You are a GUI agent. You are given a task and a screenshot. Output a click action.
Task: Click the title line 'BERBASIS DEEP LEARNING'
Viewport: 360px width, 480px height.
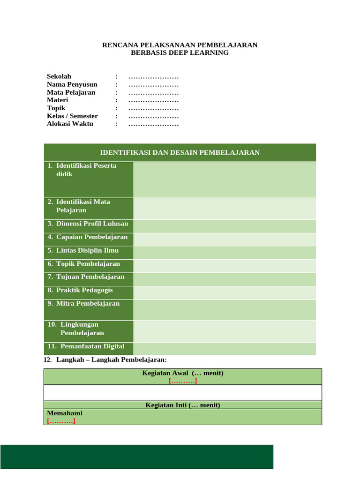(180, 53)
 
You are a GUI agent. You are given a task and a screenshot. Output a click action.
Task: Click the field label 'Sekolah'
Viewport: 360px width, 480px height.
(59, 76)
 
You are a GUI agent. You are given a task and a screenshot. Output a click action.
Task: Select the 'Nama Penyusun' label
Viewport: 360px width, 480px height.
(72, 84)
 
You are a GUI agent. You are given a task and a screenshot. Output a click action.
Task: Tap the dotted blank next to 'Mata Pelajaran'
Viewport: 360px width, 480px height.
(153, 92)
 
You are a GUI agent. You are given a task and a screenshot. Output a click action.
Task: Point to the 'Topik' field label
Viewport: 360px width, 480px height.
(56, 108)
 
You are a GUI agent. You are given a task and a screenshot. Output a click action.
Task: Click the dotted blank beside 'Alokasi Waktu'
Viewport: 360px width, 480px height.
(153, 124)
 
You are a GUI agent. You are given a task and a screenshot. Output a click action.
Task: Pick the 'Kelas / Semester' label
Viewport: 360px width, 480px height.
(72, 116)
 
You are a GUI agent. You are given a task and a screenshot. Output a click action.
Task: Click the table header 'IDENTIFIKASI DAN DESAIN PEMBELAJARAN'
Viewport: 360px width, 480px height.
(180, 153)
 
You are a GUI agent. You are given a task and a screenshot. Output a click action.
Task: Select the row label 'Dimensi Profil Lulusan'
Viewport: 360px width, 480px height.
(92, 224)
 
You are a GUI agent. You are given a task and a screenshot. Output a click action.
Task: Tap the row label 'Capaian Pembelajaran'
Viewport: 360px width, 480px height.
(92, 237)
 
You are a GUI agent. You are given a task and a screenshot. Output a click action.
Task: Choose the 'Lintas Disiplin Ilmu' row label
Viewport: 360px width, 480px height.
(87, 250)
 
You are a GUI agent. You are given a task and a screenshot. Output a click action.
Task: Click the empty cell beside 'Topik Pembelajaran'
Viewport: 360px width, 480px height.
(225, 266)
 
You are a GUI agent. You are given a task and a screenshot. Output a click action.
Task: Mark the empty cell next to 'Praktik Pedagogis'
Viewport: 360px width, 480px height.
(225, 292)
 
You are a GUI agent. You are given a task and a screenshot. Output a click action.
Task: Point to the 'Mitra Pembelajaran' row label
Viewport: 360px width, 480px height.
(88, 303)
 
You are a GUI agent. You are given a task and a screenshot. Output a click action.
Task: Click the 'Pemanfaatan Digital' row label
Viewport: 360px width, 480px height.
(92, 346)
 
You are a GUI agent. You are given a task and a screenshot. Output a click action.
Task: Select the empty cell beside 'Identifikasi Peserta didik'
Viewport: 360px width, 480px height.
(225, 180)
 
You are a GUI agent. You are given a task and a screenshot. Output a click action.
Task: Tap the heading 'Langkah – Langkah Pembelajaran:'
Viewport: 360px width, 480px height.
(111, 360)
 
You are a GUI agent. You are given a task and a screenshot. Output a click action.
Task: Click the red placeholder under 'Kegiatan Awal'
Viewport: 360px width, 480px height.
(183, 381)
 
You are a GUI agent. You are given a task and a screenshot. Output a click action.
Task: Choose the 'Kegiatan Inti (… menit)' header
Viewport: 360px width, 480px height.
(183, 405)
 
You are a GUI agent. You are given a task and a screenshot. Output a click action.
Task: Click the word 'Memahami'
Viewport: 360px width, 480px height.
(65, 413)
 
